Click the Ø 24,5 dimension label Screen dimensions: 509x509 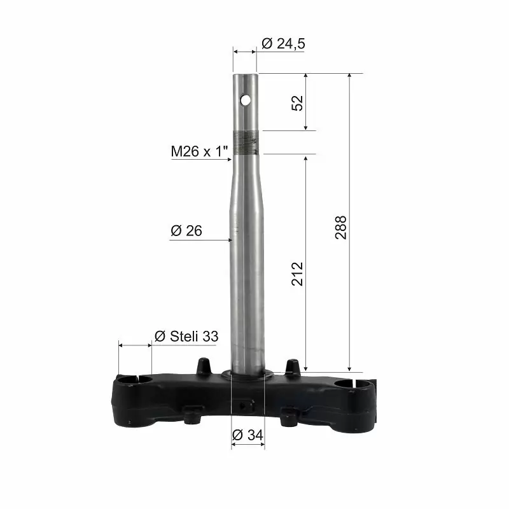283,43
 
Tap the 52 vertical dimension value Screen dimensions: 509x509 297,103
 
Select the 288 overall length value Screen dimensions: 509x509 341,228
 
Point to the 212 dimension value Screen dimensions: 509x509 297,274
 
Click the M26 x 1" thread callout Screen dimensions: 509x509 199,151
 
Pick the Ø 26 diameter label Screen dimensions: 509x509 186,231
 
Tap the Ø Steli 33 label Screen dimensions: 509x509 186,337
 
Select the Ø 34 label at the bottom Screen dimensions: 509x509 248,435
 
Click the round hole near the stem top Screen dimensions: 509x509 246,100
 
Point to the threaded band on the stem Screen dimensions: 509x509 246,142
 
